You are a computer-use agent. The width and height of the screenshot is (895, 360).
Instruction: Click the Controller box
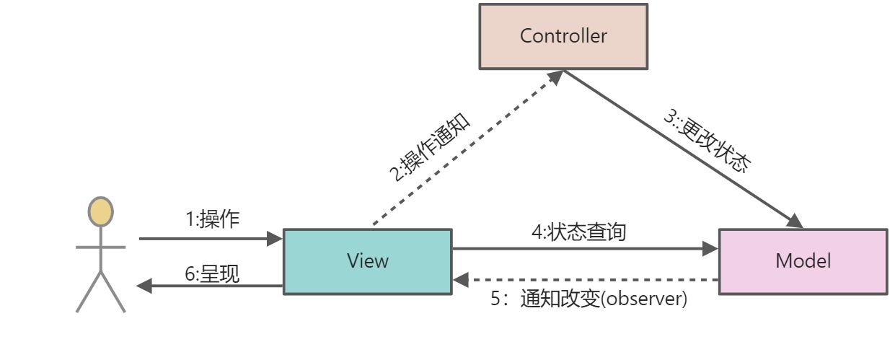[563, 36]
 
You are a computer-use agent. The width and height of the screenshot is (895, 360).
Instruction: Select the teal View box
[367, 261]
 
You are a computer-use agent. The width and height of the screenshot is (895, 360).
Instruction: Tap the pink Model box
[803, 261]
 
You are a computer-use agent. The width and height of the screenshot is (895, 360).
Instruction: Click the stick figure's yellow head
[100, 211]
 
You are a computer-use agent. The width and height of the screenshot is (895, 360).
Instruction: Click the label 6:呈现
[212, 274]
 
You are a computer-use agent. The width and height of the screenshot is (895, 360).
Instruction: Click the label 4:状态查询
[578, 232]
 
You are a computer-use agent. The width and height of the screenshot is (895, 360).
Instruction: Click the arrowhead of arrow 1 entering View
[275, 238]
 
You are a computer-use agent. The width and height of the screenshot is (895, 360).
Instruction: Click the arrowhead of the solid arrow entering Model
[711, 249]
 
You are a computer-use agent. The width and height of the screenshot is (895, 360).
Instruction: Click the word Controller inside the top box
[563, 36]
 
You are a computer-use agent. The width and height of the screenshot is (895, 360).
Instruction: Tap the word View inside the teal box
[367, 261]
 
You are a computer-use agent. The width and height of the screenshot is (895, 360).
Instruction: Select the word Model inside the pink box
[803, 261]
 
